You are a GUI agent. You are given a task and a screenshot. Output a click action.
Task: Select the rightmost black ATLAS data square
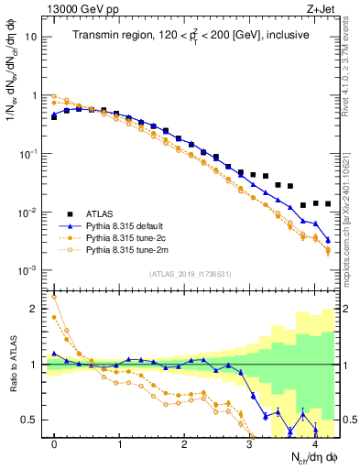tap(327, 203)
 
